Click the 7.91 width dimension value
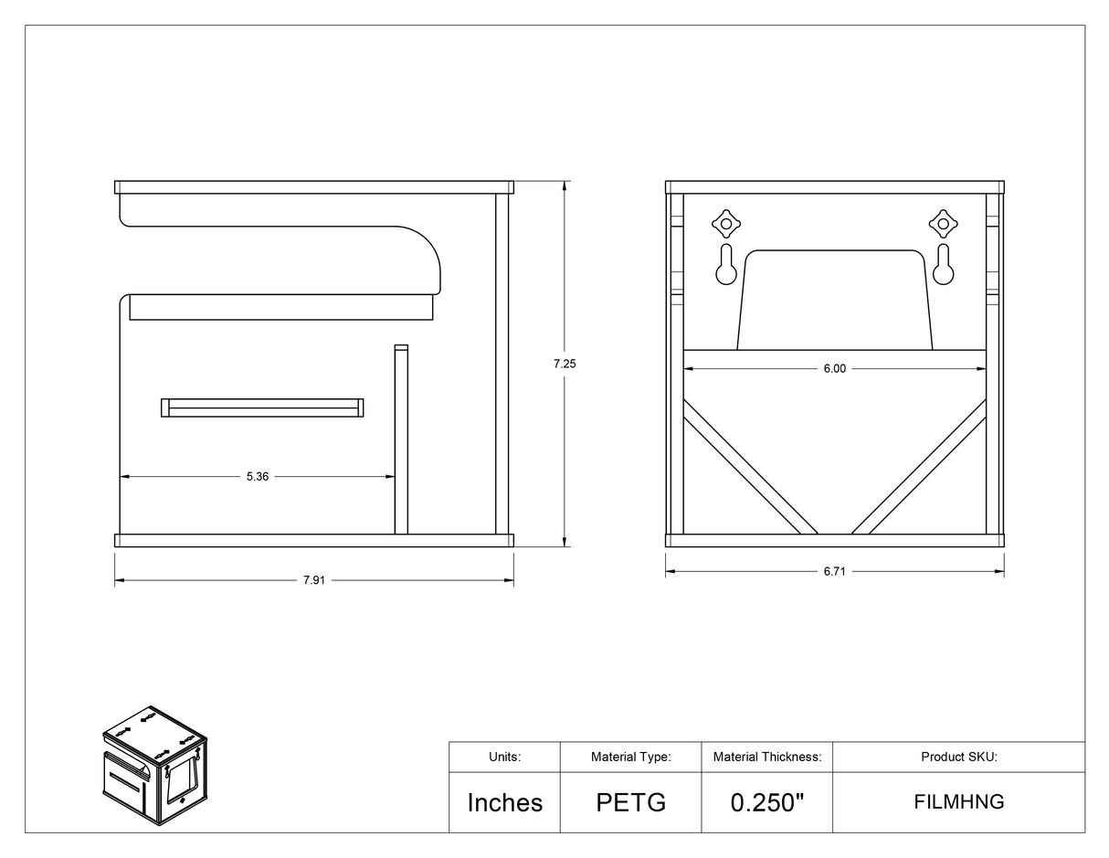coord(314,580)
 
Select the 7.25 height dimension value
coord(565,364)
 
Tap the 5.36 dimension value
coord(258,476)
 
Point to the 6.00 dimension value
coord(834,368)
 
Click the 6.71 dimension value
coord(834,571)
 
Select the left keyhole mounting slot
coord(725,264)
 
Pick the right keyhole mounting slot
coord(943,264)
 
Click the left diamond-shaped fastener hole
coord(726,224)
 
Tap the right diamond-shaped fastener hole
coord(943,224)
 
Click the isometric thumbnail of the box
coord(154,766)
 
